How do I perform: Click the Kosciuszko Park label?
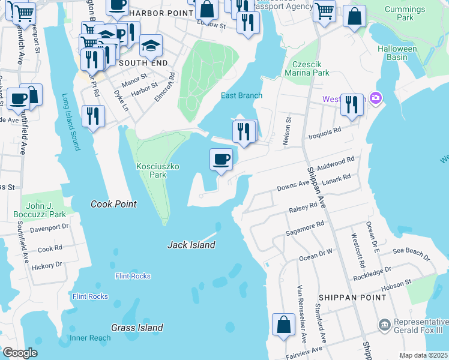tap(149, 170)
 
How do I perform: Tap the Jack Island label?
tap(191, 245)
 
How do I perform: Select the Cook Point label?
tap(113, 204)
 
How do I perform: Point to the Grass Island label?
tap(137, 328)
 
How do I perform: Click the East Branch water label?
tap(241, 95)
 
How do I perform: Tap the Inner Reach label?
tap(90, 338)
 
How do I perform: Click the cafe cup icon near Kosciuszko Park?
tap(221, 159)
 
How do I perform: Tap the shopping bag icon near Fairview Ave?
tap(283, 325)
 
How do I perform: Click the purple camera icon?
tap(376, 98)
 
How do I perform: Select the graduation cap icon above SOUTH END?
tap(151, 44)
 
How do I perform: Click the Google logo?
tap(20, 353)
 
